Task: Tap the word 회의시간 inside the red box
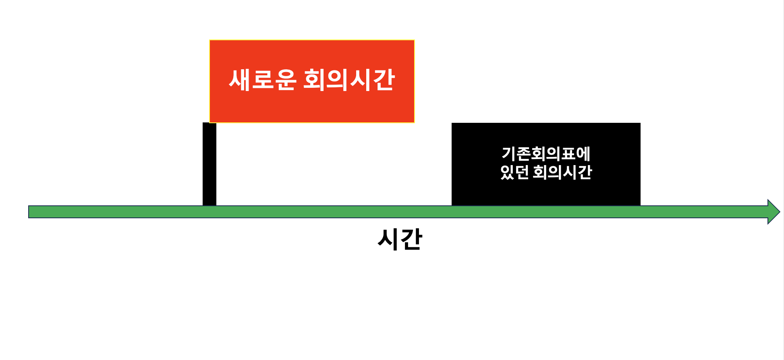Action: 349,80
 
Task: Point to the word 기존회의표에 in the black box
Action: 546,153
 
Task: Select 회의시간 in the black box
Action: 562,172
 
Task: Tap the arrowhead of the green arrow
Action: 773,212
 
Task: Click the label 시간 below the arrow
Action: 400,239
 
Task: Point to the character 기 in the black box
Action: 509,153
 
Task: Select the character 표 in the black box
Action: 568,153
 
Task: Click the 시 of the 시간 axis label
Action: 388,239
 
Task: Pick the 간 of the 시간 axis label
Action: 411,239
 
